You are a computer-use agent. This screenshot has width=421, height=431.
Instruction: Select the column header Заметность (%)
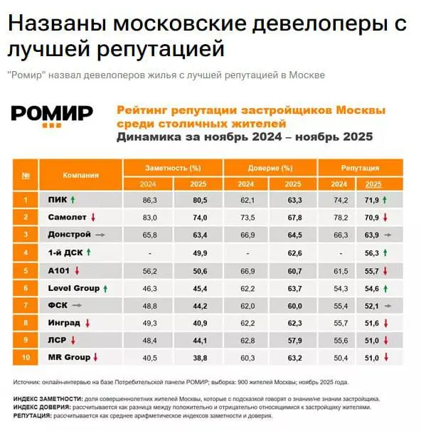[x=173, y=168]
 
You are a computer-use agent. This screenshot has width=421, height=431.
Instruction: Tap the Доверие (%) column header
[x=270, y=168]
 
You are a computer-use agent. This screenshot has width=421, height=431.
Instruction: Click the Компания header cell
[x=80, y=175]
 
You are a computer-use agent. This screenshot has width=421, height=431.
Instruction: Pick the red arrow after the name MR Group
[x=95, y=356]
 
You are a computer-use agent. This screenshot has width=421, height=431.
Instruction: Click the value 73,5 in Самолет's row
[x=247, y=217]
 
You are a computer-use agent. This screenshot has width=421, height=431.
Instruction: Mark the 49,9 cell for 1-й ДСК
[x=200, y=252]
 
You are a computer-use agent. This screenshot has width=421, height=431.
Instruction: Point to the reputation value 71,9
[x=370, y=201]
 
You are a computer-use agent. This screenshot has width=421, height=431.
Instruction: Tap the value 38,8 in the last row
[x=200, y=357]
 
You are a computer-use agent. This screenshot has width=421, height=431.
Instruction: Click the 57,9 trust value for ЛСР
[x=294, y=340]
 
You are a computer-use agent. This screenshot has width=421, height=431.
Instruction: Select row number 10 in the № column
[x=26, y=357]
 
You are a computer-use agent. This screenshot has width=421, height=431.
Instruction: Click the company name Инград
[x=63, y=322]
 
